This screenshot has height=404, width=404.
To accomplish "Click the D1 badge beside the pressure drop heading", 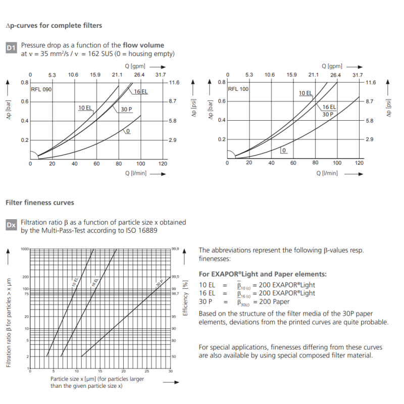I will tap(12, 49).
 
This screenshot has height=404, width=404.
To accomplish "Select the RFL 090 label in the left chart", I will tap(41, 89).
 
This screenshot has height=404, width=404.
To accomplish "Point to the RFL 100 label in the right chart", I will tap(238, 89).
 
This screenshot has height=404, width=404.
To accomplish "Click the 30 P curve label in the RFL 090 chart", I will tap(126, 109).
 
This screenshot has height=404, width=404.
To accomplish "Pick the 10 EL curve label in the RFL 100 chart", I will tap(305, 93).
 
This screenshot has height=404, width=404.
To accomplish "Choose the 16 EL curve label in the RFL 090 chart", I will tap(141, 91).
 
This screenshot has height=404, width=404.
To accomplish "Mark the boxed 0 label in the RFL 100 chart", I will tap(284, 150).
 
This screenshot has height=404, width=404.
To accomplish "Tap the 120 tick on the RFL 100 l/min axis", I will tap(359, 163).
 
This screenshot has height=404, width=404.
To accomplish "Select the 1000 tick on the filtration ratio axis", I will tap(25, 249).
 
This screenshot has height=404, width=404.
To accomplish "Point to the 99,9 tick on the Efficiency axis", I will tap(175, 249).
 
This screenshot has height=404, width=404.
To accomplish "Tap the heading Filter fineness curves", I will tap(40, 203).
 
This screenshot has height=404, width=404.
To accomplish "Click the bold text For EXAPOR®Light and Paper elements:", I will tap(263, 274).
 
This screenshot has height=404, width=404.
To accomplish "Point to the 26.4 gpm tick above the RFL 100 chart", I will tap(335, 75).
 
